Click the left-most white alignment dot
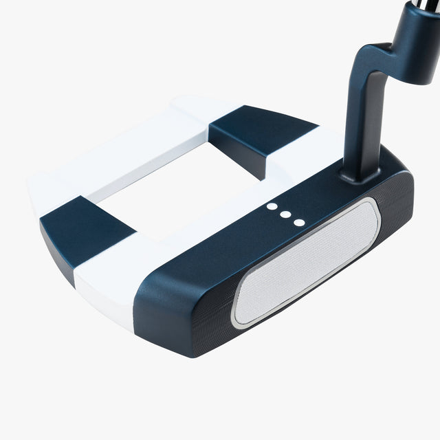tap(272, 206)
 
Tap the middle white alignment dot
tap(285, 214)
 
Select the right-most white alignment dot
tap(298, 222)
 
